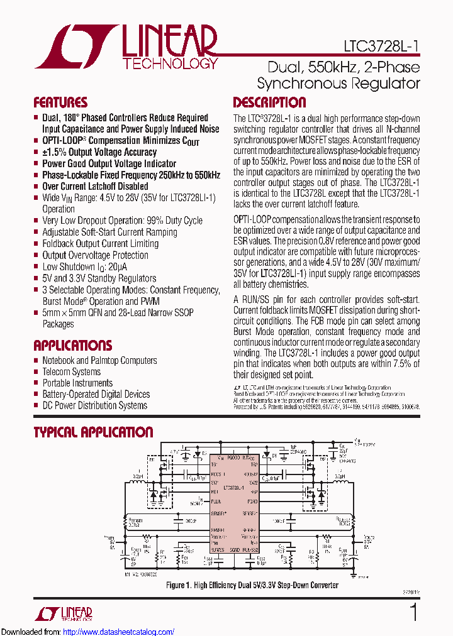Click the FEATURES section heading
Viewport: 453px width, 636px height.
click(60, 102)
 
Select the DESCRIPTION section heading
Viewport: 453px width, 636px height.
click(269, 102)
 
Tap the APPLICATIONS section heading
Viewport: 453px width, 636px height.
click(72, 345)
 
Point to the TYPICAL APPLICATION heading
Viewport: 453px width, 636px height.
click(92, 432)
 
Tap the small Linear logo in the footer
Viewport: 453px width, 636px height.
click(70, 613)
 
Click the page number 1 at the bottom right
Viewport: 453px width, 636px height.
click(413, 611)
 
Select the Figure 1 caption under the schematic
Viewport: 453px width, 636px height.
click(252, 585)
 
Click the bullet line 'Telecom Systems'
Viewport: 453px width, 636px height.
click(71, 371)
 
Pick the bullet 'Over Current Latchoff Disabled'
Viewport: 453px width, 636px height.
click(95, 186)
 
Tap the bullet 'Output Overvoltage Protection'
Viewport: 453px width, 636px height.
click(95, 255)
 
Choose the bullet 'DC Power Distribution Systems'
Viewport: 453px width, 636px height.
click(94, 405)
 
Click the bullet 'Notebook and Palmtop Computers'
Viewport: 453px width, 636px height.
click(99, 360)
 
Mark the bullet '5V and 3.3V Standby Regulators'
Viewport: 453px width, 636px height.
click(99, 278)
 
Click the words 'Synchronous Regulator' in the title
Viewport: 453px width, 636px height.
click(338, 84)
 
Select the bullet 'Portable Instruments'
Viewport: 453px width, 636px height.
click(77, 383)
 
